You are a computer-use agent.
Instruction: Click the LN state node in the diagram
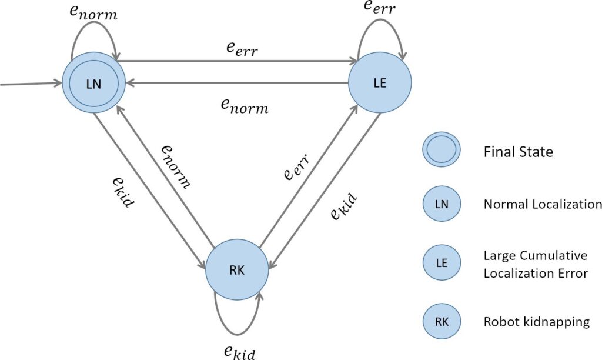point(94,83)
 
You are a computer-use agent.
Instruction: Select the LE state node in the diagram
point(380,82)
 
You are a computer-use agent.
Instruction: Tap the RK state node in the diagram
point(237,270)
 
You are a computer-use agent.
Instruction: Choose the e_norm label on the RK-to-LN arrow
point(176,166)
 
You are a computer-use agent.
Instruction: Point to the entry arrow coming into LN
point(29,84)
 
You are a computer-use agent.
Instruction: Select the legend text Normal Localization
point(542,205)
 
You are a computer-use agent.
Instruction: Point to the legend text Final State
point(518,152)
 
